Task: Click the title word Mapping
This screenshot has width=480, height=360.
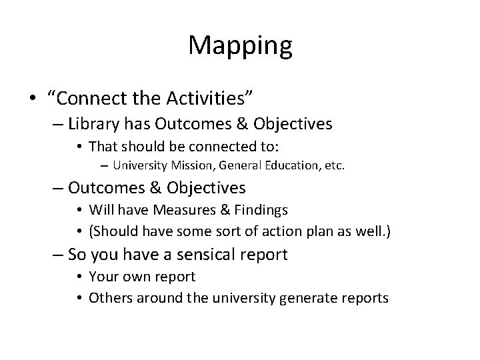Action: point(240,45)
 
